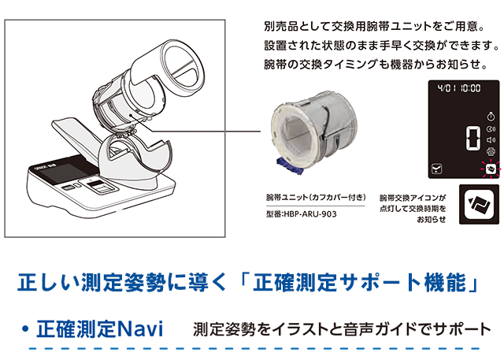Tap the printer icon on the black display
(x=490, y=151)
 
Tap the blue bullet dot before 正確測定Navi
(x=25, y=328)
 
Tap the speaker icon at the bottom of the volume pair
(x=490, y=139)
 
